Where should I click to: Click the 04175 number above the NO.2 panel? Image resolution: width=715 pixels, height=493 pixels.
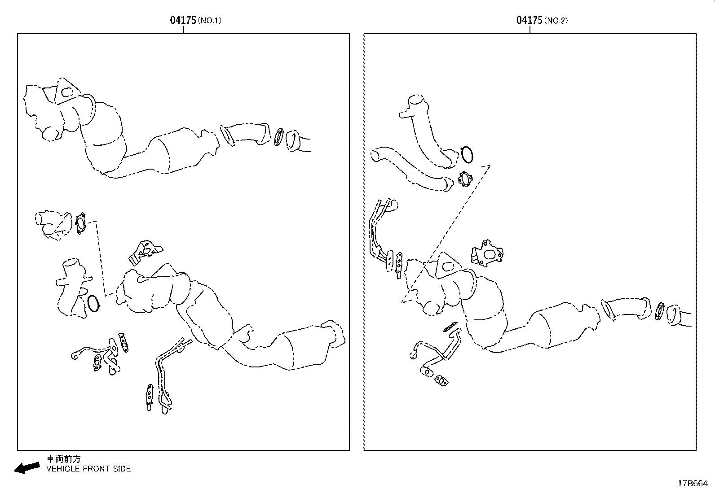click(530, 20)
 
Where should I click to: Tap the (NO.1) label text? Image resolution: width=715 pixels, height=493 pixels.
click(210, 21)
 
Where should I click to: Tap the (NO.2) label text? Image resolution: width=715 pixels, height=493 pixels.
click(556, 21)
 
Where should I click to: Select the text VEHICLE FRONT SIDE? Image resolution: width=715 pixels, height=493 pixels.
click(89, 469)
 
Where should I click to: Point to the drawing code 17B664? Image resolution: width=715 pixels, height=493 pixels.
click(693, 483)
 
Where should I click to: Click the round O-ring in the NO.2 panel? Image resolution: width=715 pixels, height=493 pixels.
click(467, 155)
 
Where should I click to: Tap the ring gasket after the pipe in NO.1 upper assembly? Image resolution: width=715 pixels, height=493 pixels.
click(279, 137)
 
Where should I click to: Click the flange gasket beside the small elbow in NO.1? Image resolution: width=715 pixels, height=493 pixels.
click(81, 223)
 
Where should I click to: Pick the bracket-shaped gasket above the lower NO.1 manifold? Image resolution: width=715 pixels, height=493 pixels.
click(145, 252)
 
